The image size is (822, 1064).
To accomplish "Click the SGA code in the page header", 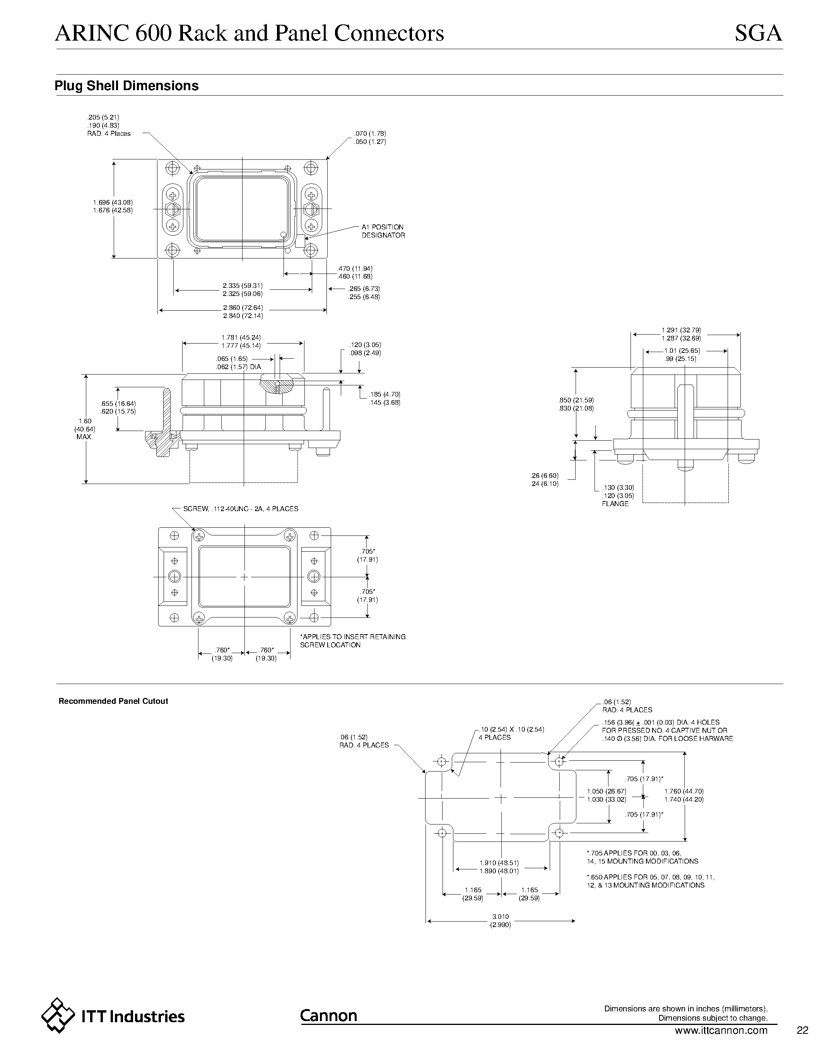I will [758, 34].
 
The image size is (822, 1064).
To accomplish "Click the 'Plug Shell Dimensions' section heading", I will [126, 86].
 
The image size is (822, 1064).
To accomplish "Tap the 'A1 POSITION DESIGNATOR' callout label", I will [383, 231].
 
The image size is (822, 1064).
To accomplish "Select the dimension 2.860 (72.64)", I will [243, 308].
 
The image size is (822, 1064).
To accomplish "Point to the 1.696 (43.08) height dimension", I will [113, 202].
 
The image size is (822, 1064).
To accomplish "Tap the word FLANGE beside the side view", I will [615, 504].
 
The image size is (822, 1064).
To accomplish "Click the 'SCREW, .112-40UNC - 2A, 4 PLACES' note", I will [241, 509].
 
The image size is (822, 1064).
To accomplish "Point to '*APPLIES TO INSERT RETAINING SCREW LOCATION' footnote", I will [352, 641].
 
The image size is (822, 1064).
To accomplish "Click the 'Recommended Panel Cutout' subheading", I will [113, 701].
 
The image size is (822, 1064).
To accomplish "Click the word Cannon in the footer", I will [328, 1015].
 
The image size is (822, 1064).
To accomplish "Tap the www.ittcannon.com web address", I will [721, 1030].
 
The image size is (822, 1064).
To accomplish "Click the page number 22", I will [802, 1030].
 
